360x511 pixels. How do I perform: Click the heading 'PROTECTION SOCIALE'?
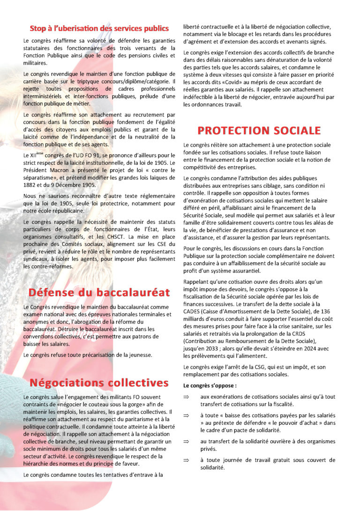tap(259, 130)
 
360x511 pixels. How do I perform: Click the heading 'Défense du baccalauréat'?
tap(98, 293)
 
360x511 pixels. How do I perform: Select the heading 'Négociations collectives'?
tap(98, 383)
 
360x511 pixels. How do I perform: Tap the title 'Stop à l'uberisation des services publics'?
tap(99, 28)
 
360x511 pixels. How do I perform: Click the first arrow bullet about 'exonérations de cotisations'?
tap(186, 397)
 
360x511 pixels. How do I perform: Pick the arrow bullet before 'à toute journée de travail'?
tap(186, 460)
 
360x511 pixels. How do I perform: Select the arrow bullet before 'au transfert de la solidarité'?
tap(186, 441)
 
